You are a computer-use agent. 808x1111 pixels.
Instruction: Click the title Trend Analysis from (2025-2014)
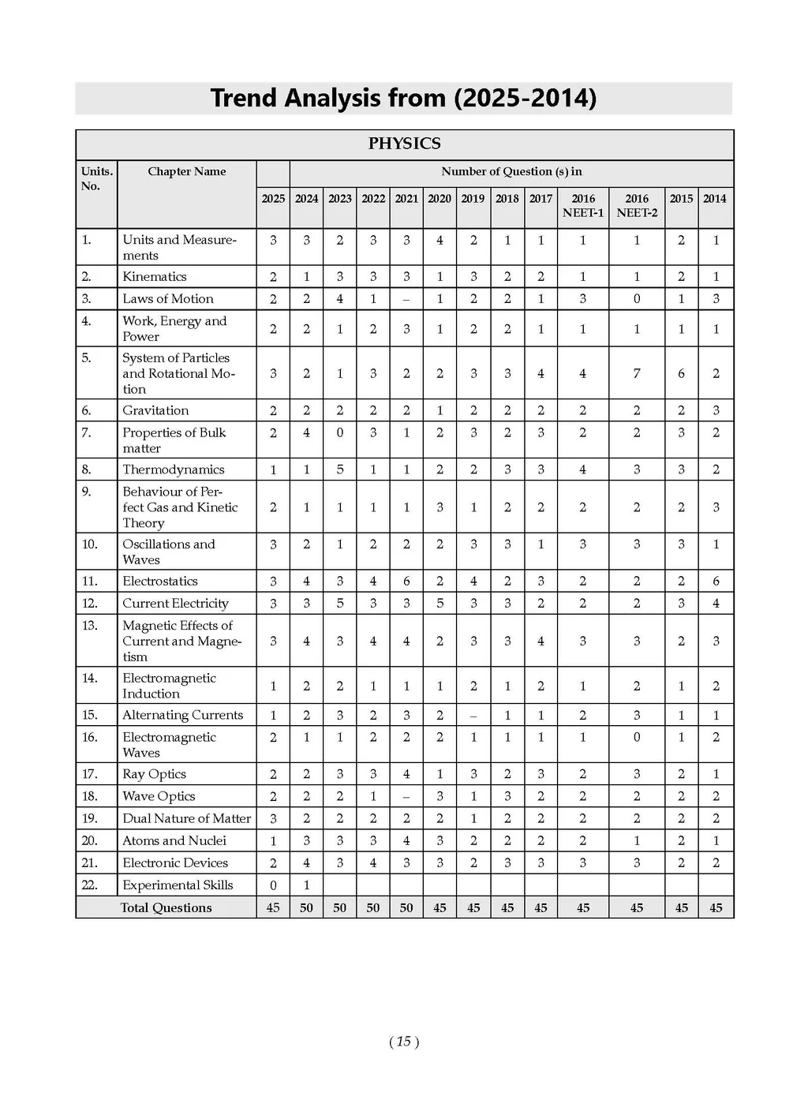click(x=403, y=99)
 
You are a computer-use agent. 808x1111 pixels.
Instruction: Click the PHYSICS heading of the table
click(x=404, y=144)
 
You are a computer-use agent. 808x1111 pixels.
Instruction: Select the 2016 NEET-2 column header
click(x=637, y=205)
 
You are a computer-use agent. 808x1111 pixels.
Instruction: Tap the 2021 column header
click(x=406, y=199)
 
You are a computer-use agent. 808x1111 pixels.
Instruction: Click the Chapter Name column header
click(x=186, y=171)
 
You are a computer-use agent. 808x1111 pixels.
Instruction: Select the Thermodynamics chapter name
click(x=174, y=469)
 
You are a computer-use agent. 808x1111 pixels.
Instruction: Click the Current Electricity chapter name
click(x=175, y=604)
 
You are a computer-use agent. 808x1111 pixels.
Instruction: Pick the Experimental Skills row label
click(x=178, y=885)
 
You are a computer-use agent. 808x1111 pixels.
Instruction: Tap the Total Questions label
click(x=166, y=907)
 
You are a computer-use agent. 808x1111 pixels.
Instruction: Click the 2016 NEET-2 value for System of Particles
click(x=637, y=373)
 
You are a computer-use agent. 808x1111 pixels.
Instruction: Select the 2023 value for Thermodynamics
click(x=340, y=469)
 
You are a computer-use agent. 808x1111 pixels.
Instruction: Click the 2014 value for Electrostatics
click(x=716, y=582)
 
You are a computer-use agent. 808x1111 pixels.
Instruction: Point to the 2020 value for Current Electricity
click(x=440, y=604)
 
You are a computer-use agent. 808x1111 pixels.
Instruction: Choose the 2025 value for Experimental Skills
click(x=273, y=885)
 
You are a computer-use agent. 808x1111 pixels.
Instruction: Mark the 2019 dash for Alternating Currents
click(x=473, y=716)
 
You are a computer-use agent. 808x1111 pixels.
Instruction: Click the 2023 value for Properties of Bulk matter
click(x=340, y=432)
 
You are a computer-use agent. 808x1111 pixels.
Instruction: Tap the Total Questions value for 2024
click(x=306, y=907)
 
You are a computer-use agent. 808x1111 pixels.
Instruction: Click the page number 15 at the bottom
click(x=404, y=1042)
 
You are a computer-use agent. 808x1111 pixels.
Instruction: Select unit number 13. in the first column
click(x=90, y=626)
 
